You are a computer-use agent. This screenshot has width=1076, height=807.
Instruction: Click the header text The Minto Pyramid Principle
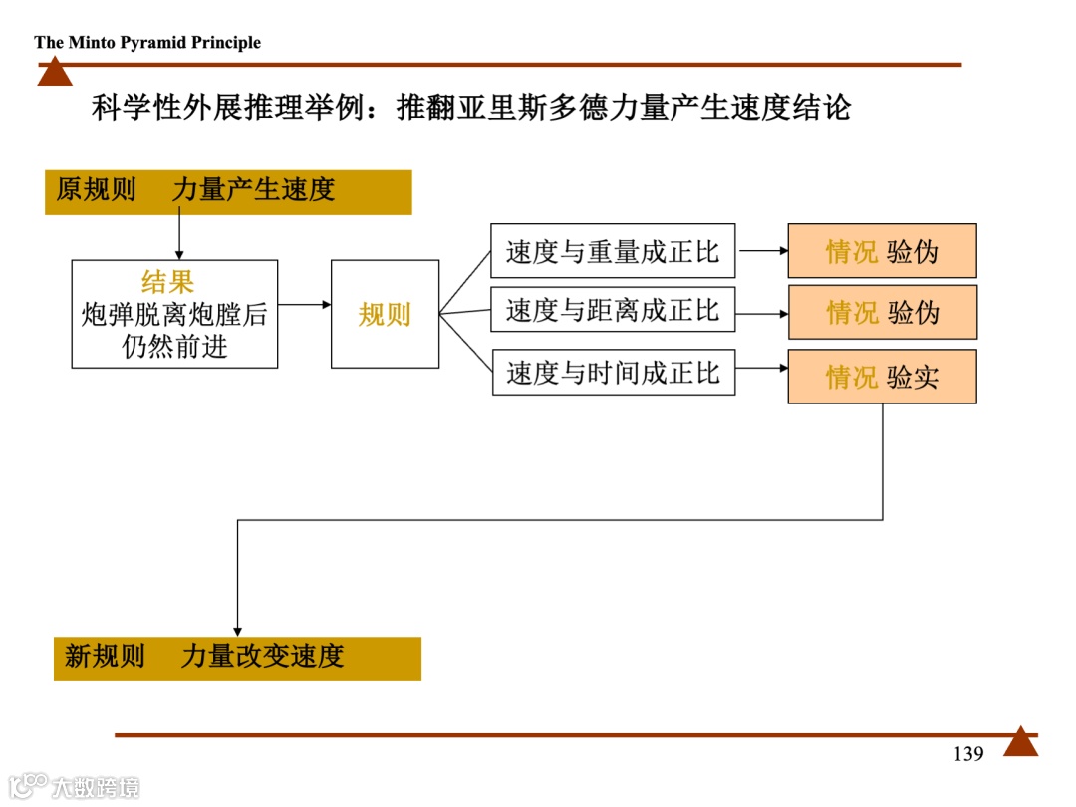click(x=147, y=42)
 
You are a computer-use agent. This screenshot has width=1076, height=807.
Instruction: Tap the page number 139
click(x=967, y=754)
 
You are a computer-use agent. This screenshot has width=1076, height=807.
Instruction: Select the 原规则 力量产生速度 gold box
click(x=228, y=191)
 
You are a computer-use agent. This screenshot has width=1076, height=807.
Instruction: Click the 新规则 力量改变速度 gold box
click(x=237, y=658)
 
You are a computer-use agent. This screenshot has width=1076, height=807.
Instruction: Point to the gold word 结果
click(x=167, y=282)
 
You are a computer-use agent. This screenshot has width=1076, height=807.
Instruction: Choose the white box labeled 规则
click(x=385, y=314)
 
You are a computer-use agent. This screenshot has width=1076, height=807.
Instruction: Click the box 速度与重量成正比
click(x=613, y=251)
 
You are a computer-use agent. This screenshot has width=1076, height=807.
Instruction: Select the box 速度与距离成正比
click(x=613, y=310)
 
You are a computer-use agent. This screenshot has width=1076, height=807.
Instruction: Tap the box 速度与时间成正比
click(x=613, y=373)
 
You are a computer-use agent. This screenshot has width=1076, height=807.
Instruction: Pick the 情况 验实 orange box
click(x=882, y=377)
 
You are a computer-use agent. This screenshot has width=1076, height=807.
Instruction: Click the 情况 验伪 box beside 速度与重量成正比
click(x=882, y=251)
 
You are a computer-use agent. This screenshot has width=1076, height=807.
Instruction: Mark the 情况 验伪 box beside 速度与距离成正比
click(x=882, y=313)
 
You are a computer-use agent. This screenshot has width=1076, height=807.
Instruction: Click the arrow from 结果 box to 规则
click(x=304, y=304)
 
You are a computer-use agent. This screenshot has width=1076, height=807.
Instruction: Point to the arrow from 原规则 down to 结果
click(x=179, y=237)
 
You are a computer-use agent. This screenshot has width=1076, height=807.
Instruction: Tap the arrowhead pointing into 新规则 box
click(x=237, y=630)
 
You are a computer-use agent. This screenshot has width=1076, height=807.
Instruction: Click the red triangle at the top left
click(x=55, y=73)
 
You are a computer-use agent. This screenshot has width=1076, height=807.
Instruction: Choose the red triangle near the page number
click(x=1020, y=743)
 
